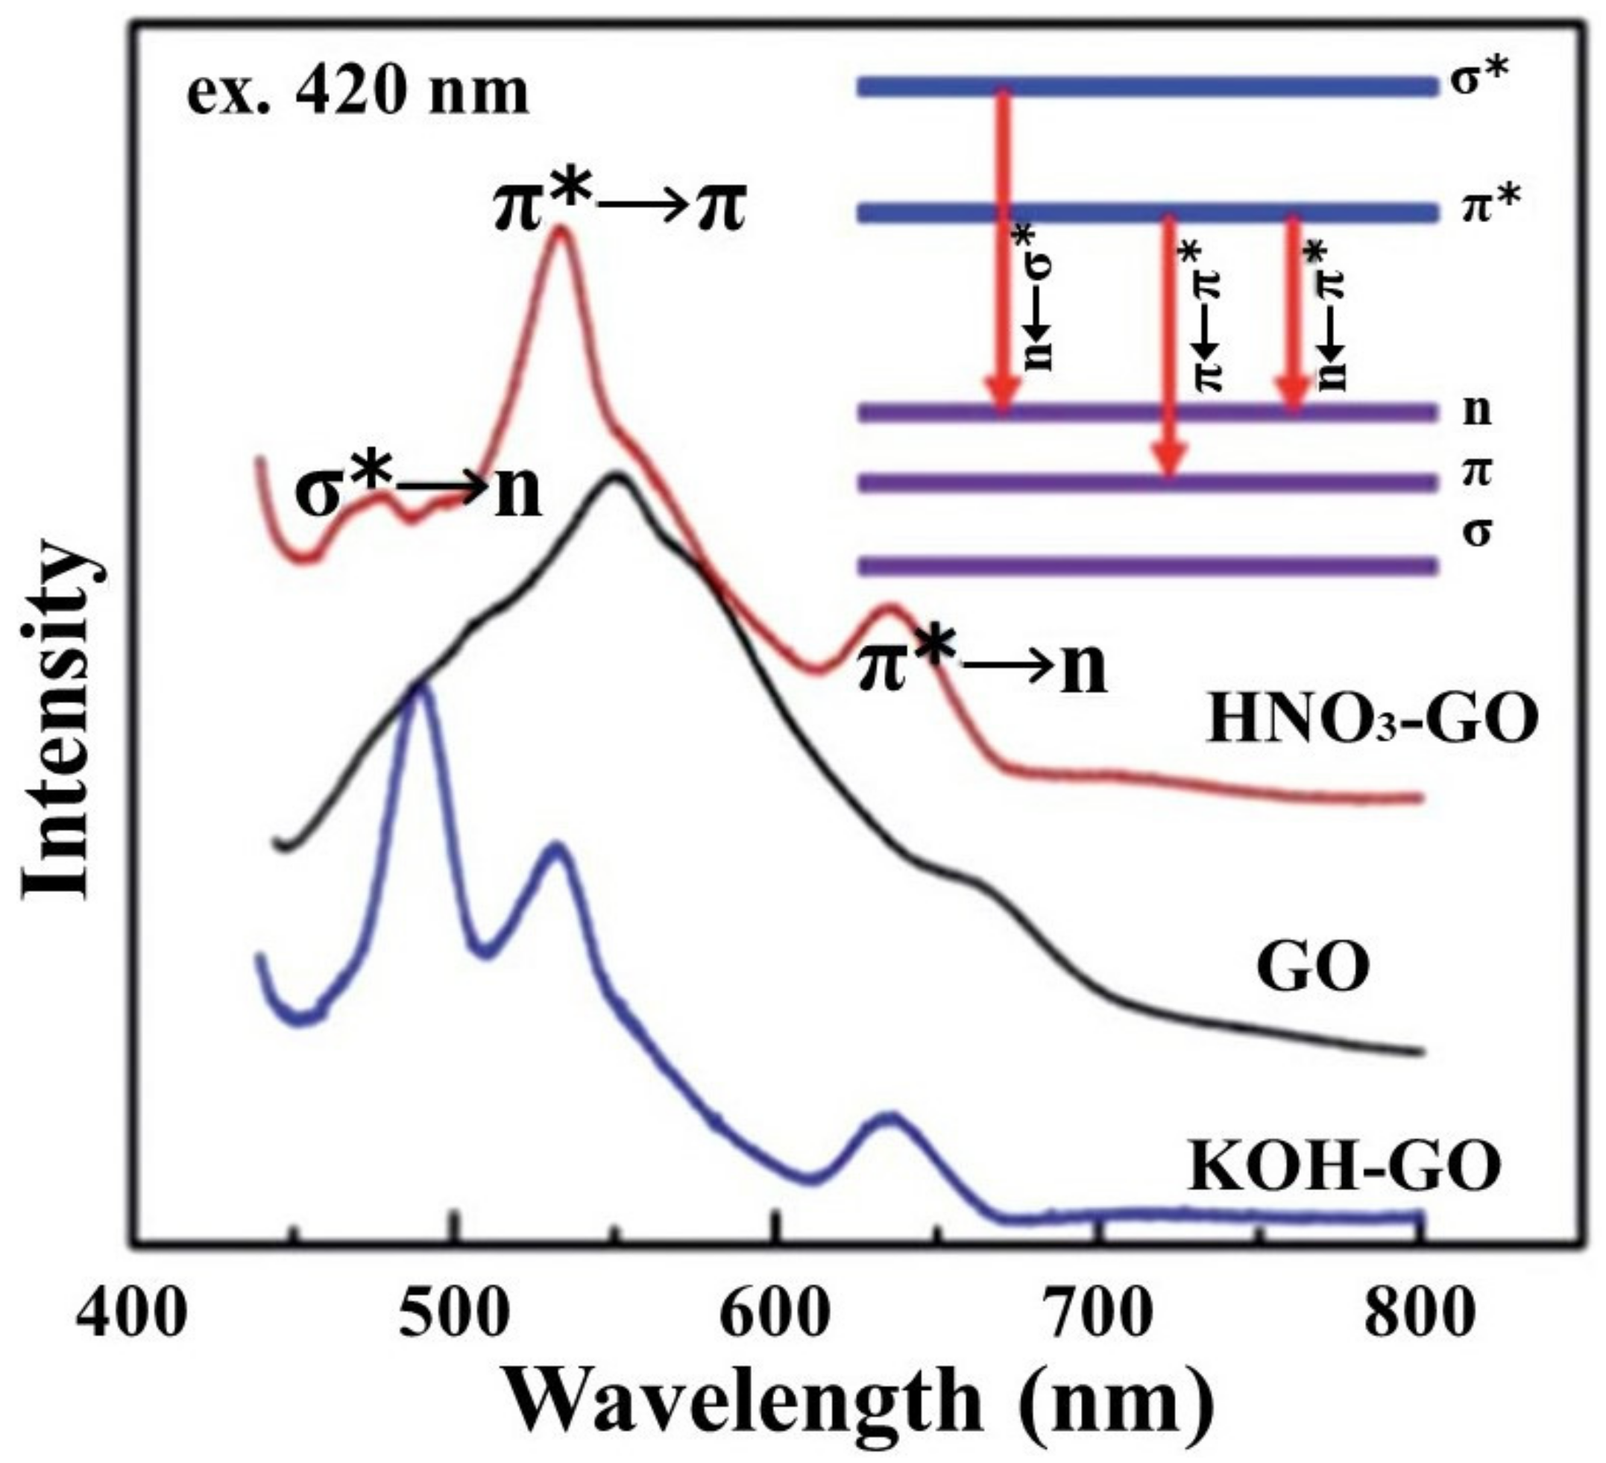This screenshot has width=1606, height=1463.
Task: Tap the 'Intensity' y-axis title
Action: coord(56,721)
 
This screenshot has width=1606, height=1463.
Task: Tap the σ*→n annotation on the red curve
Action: coord(418,492)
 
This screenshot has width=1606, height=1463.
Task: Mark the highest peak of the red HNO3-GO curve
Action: coord(561,232)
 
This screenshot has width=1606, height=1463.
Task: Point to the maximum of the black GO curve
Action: coord(616,478)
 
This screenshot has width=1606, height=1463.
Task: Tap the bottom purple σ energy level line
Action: coord(1147,567)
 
